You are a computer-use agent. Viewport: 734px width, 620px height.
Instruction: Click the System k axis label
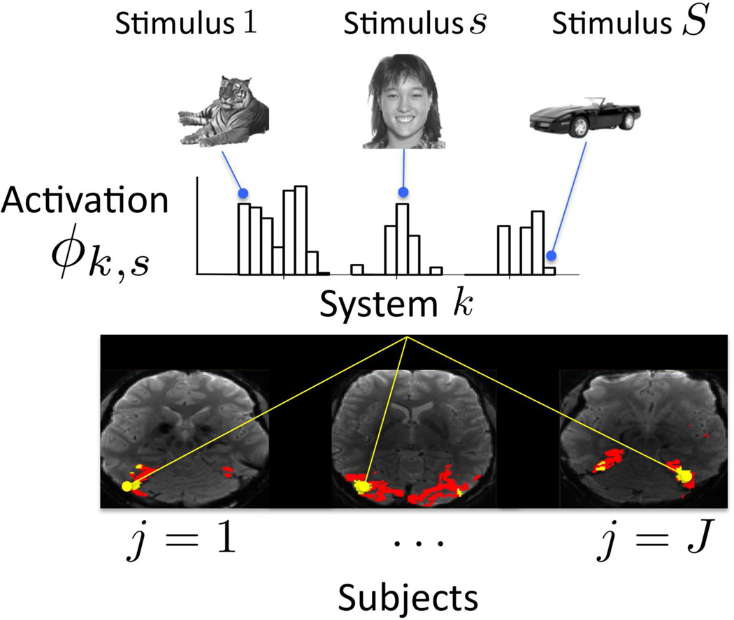point(396,306)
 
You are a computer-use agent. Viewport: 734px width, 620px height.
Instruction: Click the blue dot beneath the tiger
point(243,193)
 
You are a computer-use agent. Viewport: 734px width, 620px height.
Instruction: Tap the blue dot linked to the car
point(552,256)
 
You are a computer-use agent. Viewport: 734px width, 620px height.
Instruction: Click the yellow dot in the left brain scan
point(127,486)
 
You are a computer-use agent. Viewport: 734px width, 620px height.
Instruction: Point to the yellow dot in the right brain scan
point(685,475)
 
